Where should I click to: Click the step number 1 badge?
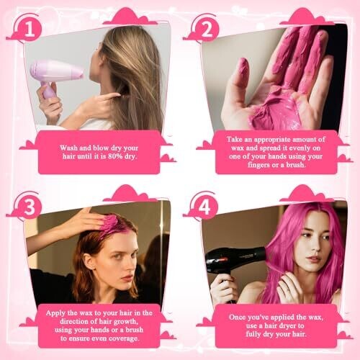tap(30, 30)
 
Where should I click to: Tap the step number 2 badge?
tap(207, 30)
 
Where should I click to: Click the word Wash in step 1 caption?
tap(68, 148)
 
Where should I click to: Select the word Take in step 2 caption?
tap(235, 139)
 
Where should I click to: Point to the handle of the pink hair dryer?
tap(48, 91)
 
